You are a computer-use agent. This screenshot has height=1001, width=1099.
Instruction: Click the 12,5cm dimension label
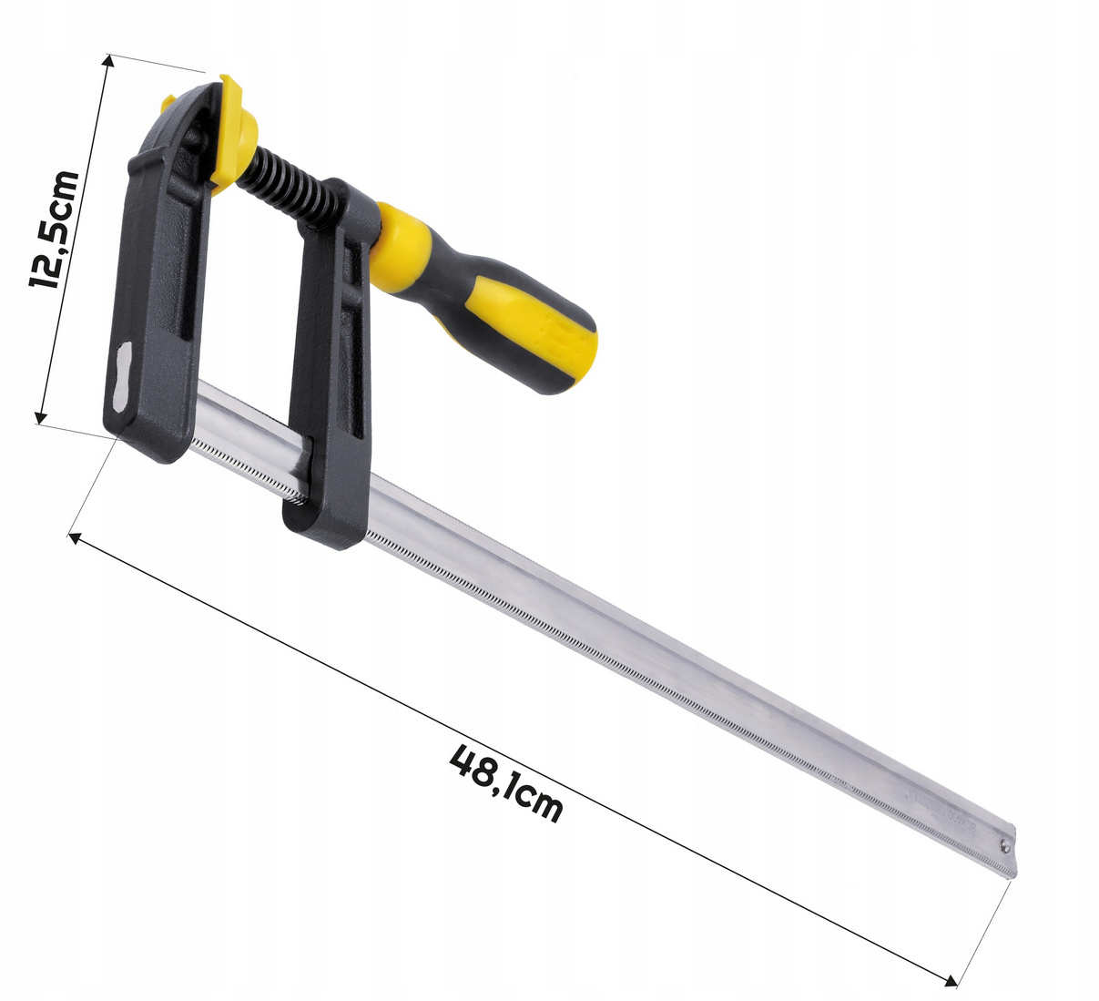55,236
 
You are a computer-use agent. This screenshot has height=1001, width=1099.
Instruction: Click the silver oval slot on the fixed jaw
123,378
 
